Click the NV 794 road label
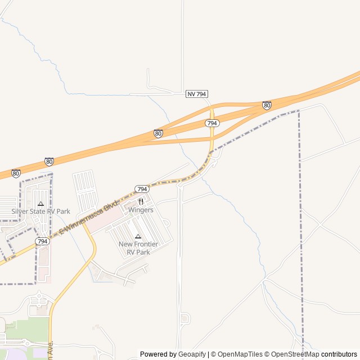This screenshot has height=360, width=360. click(x=197, y=94)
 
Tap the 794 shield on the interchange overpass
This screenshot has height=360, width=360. click(x=212, y=123)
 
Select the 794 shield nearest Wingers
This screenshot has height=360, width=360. click(x=142, y=189)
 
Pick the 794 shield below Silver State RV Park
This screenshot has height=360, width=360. click(x=42, y=241)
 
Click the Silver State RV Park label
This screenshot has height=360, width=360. click(x=41, y=211)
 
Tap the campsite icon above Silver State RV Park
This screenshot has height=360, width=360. click(x=40, y=204)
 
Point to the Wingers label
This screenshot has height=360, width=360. click(x=141, y=210)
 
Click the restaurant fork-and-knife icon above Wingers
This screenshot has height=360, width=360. click(x=141, y=201)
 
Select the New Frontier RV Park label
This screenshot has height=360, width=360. click(x=138, y=248)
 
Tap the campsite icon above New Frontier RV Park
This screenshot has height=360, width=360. click(x=138, y=236)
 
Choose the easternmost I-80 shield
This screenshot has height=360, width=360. click(x=267, y=105)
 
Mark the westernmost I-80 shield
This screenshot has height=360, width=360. click(x=16, y=173)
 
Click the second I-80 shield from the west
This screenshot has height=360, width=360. click(x=49, y=161)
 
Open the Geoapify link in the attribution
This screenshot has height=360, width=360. click(x=192, y=354)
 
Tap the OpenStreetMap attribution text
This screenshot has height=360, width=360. click(x=292, y=354)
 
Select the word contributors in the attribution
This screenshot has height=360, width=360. click(x=339, y=354)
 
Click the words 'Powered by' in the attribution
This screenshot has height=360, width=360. click(x=158, y=354)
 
